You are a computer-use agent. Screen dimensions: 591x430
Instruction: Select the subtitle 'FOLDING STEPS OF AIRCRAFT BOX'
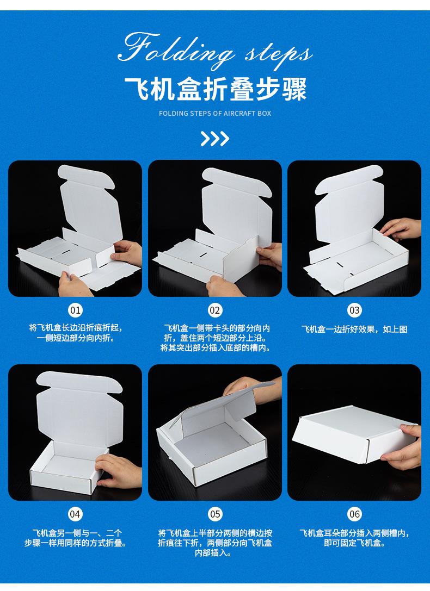[x=215, y=114]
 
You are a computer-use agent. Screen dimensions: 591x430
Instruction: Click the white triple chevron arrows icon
[x=214, y=139]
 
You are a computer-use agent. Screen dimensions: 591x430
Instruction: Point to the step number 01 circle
[x=75, y=310]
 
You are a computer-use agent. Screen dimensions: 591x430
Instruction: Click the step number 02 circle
[x=215, y=310]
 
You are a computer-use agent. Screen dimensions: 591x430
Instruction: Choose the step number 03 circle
[x=354, y=310]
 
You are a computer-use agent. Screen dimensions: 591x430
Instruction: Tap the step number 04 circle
[x=75, y=514]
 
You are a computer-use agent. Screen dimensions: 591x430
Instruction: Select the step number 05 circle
[x=215, y=514]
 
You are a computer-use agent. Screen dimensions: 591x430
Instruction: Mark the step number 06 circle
[x=354, y=514]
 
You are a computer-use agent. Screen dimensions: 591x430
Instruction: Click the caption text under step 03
[x=354, y=329]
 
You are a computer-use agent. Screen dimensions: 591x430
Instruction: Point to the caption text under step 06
[x=354, y=538]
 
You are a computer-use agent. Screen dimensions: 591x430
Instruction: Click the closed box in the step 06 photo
[x=348, y=435]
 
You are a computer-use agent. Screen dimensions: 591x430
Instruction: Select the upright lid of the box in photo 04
[x=76, y=402]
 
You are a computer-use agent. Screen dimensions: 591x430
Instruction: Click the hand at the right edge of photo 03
[x=403, y=228]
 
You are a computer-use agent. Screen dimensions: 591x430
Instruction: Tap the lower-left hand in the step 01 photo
[x=71, y=283]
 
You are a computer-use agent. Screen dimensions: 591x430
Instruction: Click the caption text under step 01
[x=75, y=333]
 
